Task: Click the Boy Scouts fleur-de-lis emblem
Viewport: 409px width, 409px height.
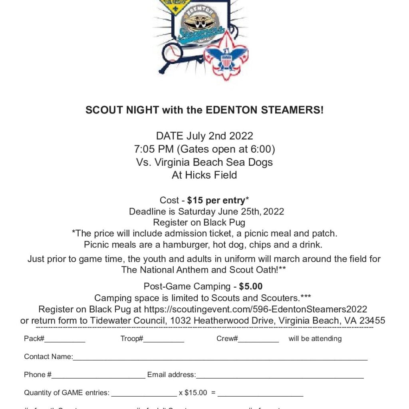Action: pos(226,56)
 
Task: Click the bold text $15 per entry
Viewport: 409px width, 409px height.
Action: pos(216,200)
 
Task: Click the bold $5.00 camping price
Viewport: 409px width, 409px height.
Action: pos(251,286)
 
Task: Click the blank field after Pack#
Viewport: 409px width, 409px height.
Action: pos(65,340)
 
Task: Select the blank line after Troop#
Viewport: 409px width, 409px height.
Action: pos(164,340)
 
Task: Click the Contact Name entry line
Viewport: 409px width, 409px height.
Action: pos(220,358)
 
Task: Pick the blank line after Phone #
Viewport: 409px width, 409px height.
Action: pos(98,376)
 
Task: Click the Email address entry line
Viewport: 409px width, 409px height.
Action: pos(280,376)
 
